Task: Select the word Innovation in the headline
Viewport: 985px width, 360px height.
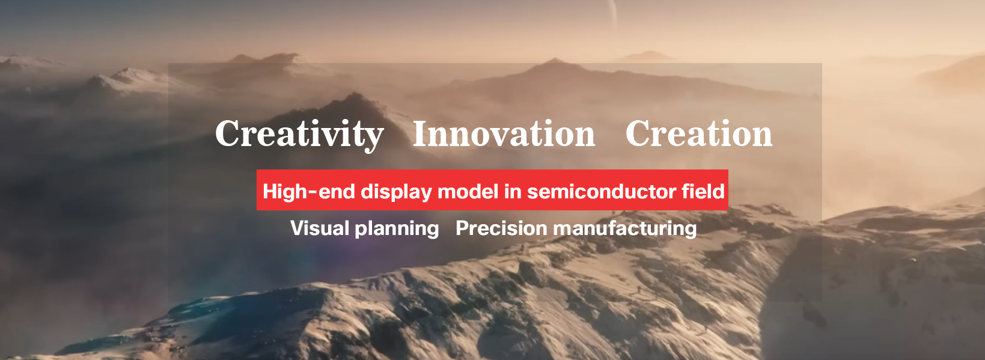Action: point(504,133)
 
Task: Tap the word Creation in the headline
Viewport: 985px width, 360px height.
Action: point(699,133)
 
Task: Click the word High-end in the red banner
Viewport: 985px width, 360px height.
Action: point(309,191)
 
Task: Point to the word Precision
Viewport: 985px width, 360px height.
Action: point(501,228)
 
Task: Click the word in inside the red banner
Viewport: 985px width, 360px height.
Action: point(513,191)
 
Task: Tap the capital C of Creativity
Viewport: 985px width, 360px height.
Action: point(228,133)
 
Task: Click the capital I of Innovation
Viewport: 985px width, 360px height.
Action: point(422,133)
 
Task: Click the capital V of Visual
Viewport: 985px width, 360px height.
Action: point(298,228)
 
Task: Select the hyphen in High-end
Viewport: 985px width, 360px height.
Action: point(313,192)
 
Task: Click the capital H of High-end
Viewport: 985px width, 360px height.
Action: point(270,192)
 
